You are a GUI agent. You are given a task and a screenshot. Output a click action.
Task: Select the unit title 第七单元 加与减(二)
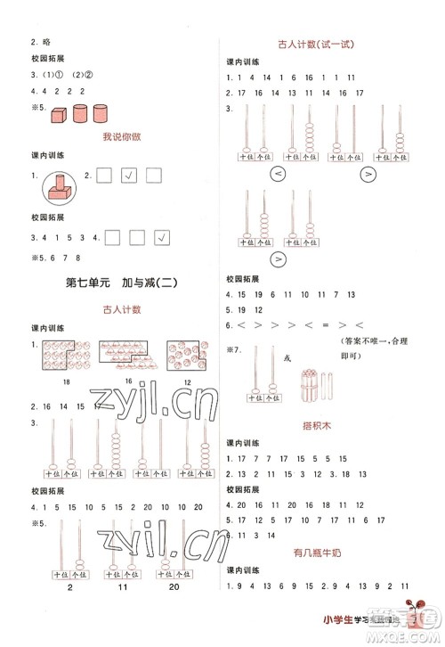(x=117, y=284)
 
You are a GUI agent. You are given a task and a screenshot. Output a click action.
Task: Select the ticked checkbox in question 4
(x=161, y=236)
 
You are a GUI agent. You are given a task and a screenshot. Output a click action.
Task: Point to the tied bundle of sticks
(x=316, y=369)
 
